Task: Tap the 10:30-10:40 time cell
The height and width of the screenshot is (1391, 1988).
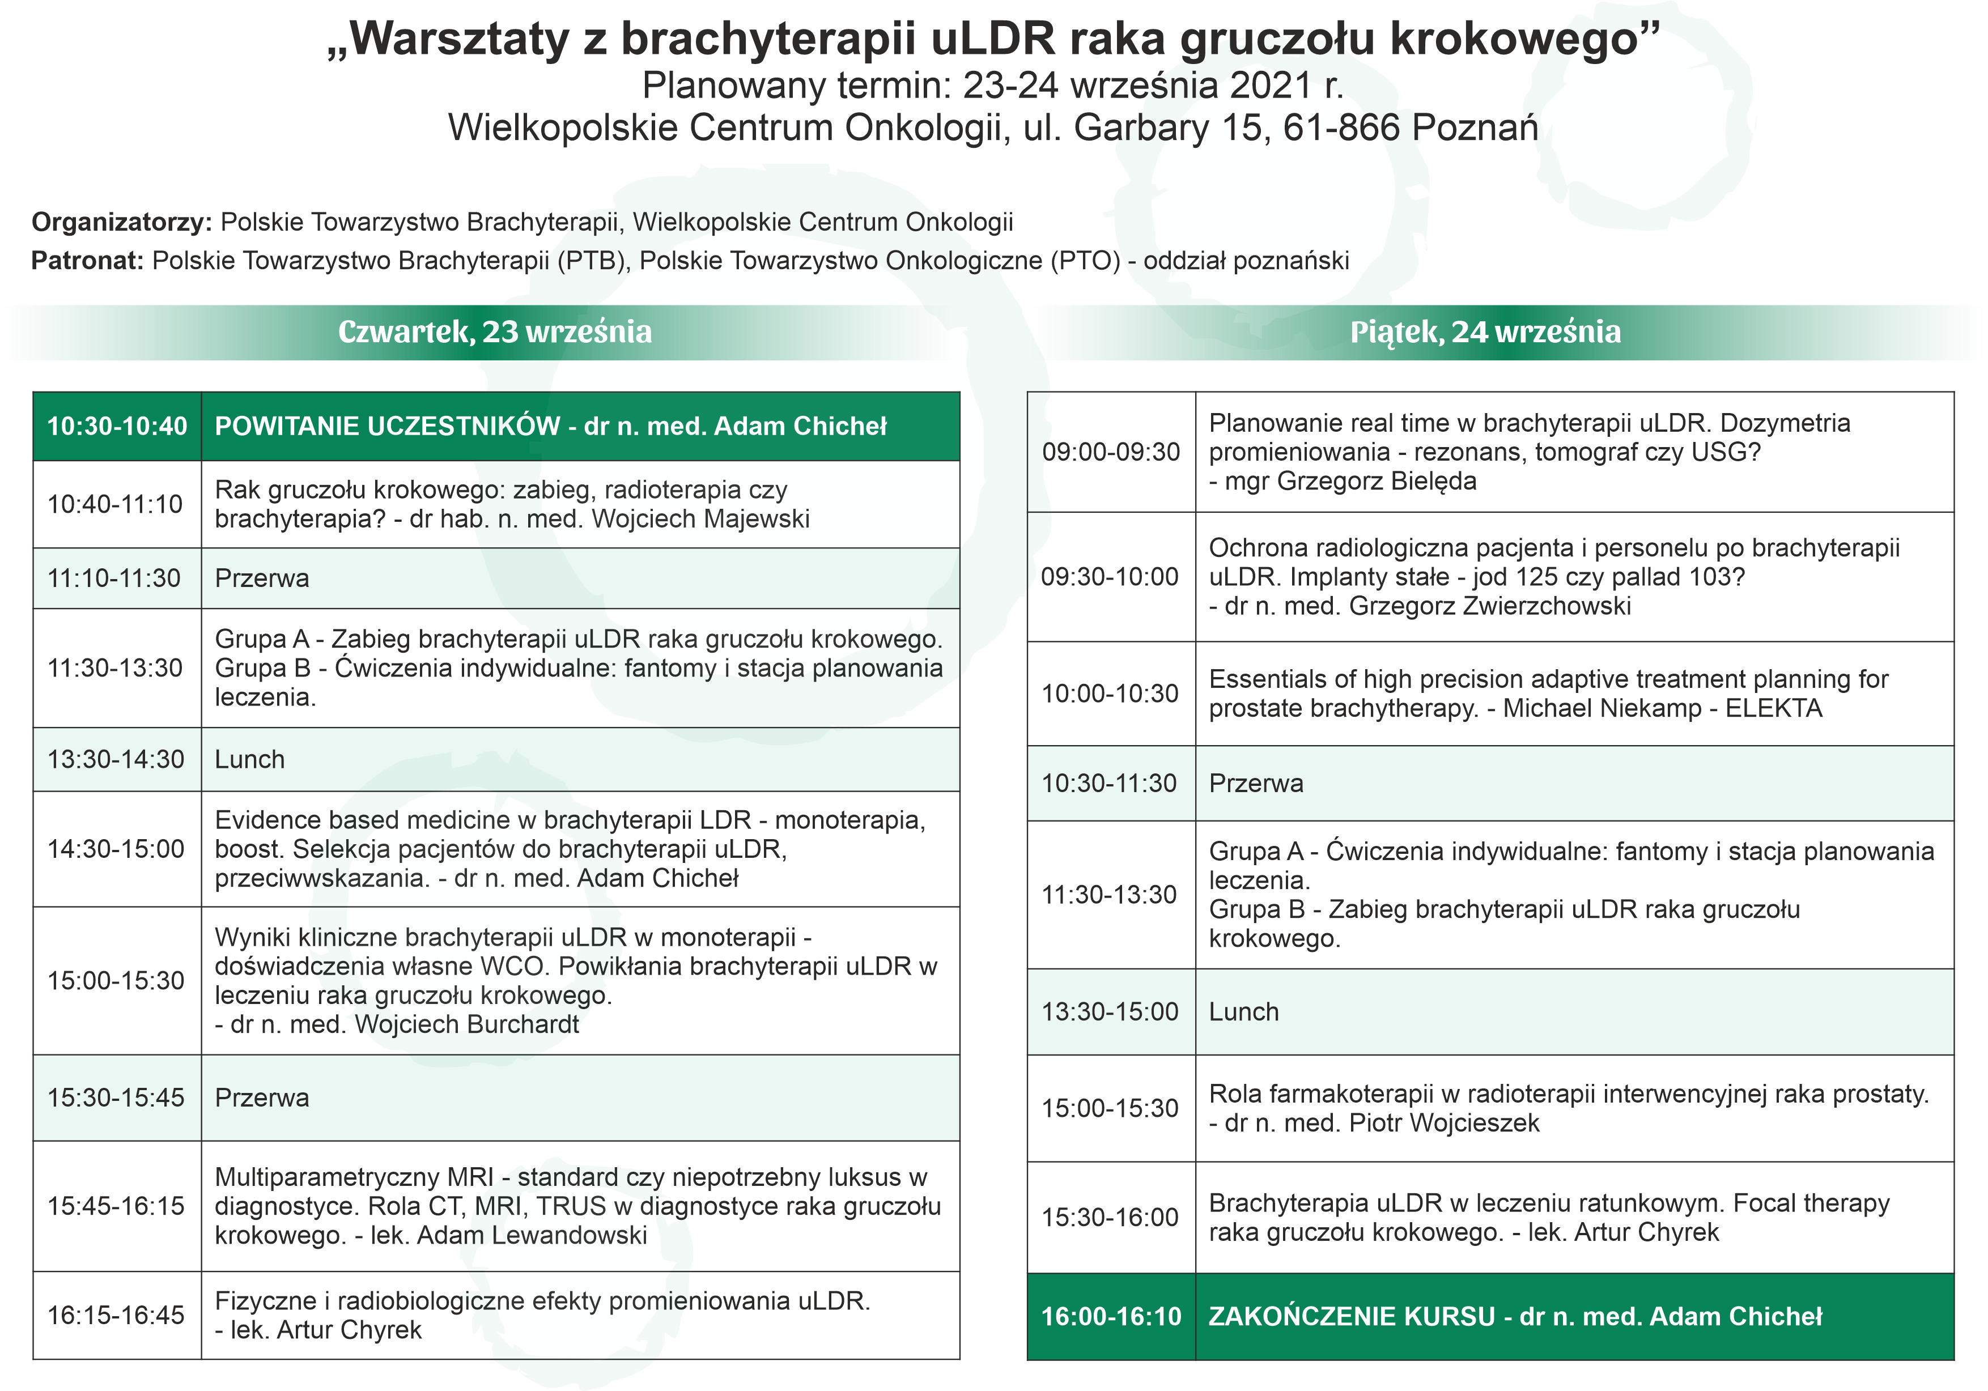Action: (117, 426)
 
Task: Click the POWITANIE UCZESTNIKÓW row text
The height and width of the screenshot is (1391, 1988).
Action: (551, 426)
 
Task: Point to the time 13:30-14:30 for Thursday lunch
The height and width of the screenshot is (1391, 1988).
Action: (116, 759)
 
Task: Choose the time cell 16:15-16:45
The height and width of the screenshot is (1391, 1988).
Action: (116, 1315)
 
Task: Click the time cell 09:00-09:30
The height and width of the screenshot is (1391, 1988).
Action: (1110, 452)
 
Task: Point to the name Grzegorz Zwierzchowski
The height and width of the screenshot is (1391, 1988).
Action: (1489, 606)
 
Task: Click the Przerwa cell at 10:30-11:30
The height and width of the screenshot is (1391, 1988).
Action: (1255, 784)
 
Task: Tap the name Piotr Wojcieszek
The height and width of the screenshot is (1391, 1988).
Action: (1444, 1122)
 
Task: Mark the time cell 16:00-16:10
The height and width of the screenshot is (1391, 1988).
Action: (1111, 1317)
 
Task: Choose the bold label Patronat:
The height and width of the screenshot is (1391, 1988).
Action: (87, 261)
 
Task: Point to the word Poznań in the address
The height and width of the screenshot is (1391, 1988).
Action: (1475, 128)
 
